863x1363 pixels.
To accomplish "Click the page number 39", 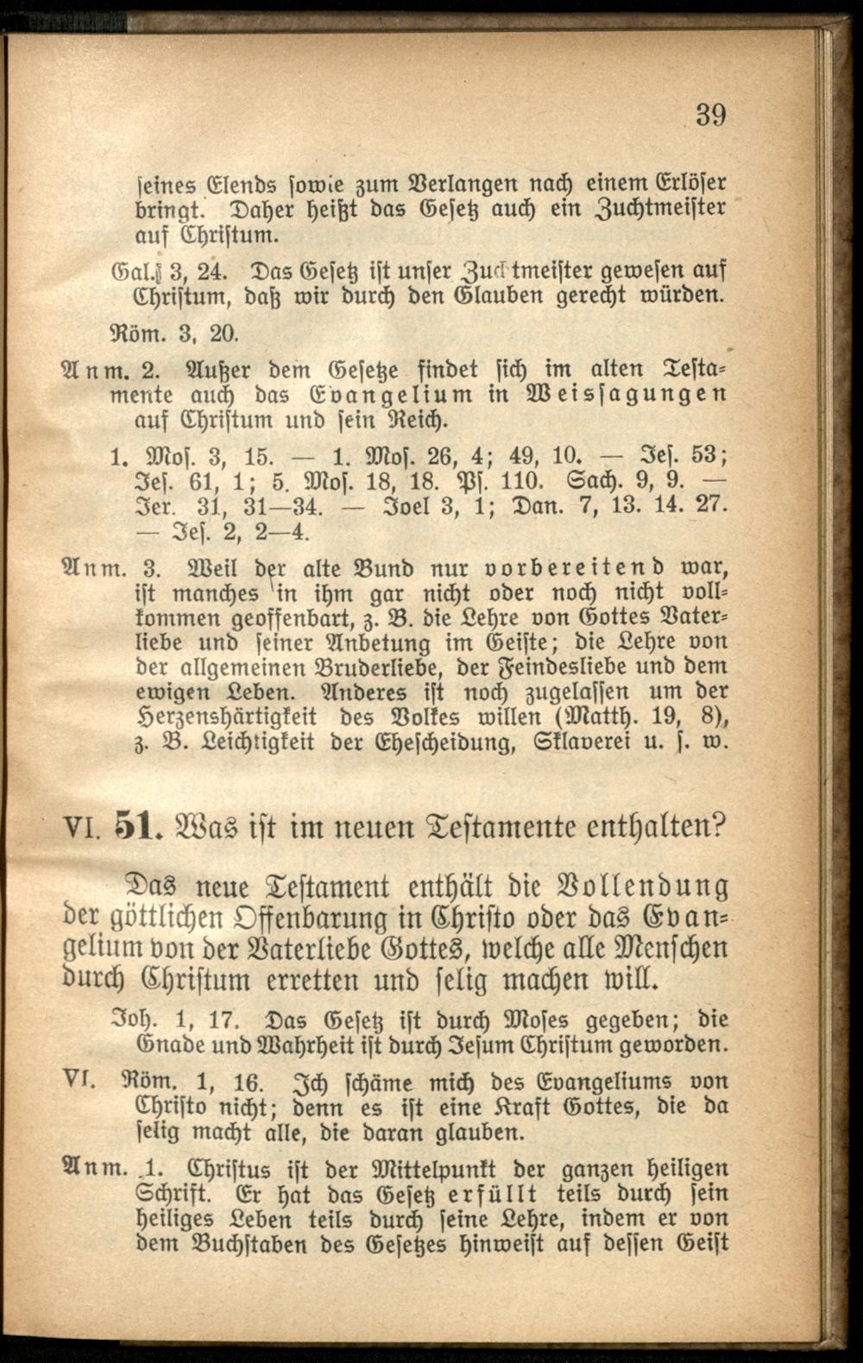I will coord(710,114).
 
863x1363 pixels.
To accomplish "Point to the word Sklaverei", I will coord(613,741).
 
